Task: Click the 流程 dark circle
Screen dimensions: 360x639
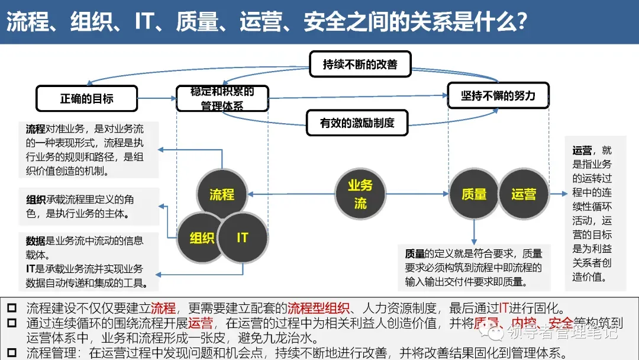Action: point(222,194)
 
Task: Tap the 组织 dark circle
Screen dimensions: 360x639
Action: point(202,238)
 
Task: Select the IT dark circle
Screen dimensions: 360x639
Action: point(243,237)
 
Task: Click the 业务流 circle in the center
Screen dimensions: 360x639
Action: point(360,194)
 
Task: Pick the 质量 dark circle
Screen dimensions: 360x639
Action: point(474,194)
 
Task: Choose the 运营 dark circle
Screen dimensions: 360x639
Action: point(524,194)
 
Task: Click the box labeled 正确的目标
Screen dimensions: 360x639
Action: point(86,98)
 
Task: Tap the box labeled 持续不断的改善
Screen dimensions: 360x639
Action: point(360,64)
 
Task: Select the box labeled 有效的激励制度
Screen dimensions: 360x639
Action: point(357,123)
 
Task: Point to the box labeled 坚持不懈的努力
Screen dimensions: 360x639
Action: point(498,95)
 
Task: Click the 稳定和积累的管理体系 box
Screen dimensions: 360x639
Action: point(222,99)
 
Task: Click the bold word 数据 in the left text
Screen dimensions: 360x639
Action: point(35,241)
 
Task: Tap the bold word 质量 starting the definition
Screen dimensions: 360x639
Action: point(415,254)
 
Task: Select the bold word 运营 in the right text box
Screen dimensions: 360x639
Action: point(582,150)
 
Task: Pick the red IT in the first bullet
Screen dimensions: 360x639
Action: point(505,308)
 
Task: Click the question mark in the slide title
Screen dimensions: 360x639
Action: point(521,22)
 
